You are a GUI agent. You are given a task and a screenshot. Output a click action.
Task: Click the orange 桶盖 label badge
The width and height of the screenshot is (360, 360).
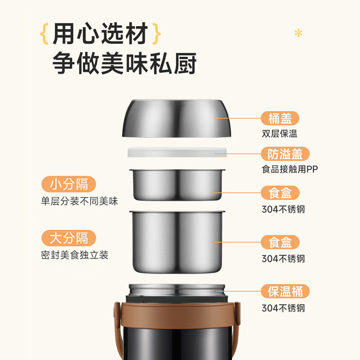[280, 118]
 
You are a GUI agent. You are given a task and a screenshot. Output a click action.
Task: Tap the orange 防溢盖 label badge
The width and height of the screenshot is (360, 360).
[285, 154]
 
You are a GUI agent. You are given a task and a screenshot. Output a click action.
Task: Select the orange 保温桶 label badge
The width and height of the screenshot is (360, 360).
[285, 291]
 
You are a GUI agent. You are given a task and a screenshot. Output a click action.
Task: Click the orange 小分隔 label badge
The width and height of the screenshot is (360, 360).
[69, 184]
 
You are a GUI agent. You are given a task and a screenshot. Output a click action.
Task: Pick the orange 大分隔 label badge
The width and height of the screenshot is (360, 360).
[69, 238]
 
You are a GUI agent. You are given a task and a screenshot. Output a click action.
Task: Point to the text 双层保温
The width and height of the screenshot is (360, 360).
[279, 134]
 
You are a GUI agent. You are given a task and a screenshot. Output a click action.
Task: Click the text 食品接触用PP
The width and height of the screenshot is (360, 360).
[290, 169]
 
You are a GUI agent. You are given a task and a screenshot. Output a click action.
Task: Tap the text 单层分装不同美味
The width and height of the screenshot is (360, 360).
[80, 201]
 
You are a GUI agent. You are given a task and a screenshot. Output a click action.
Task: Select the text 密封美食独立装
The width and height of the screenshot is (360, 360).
[75, 255]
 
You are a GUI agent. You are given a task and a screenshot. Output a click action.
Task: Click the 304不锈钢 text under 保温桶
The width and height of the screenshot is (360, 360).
[283, 308]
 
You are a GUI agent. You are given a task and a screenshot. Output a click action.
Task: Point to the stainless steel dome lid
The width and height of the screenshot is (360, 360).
[176, 118]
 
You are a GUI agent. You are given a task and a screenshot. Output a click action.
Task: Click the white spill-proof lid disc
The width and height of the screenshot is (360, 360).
[177, 152]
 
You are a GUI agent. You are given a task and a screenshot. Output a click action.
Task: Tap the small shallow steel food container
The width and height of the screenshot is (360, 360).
[177, 185]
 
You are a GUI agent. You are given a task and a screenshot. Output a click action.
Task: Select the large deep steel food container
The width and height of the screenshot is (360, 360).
[177, 242]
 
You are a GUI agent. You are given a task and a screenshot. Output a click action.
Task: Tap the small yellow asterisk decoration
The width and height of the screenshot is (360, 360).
[298, 33]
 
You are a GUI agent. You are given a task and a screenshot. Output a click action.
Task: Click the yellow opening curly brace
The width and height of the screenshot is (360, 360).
[44, 33]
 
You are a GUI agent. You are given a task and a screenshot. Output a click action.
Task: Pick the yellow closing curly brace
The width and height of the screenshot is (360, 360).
[157, 33]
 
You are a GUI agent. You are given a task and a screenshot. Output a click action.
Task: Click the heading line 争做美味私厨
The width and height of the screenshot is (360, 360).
[124, 63]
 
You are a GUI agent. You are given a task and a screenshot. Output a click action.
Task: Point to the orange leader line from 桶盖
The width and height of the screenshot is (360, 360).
[238, 118]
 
